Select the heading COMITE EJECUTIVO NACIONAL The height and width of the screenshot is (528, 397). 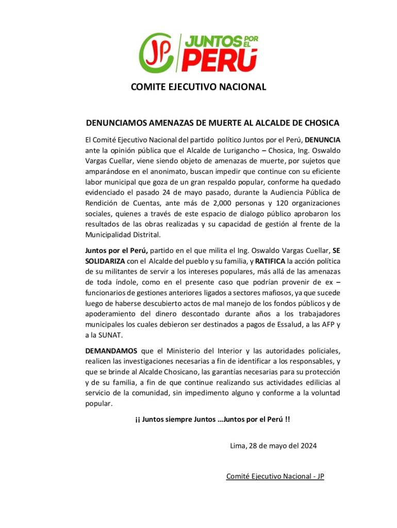coord(198,87)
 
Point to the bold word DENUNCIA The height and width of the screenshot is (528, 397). coord(323,140)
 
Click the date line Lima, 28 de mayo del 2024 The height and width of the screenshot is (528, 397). coord(273,445)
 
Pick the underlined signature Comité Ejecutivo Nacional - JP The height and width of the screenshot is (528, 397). coord(275,476)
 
